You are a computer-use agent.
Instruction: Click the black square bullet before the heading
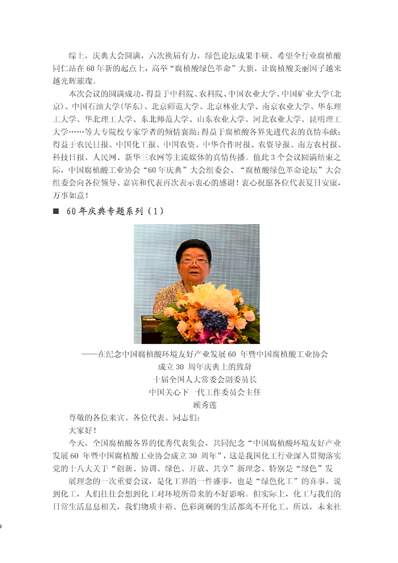[x=56, y=211]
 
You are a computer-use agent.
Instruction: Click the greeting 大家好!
[x=82, y=430]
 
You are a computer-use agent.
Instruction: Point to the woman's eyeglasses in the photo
[x=194, y=262]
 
